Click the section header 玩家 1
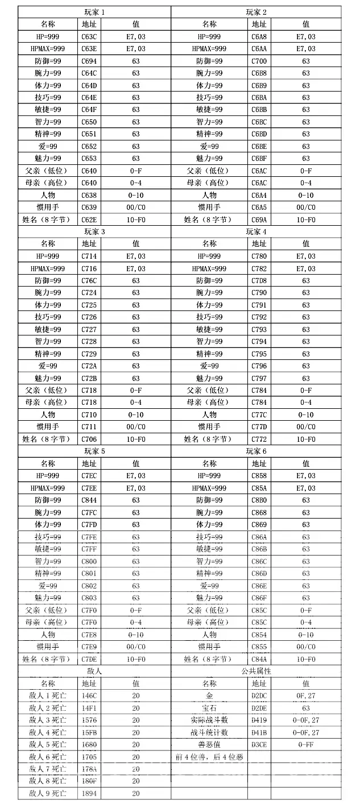click(x=95, y=12)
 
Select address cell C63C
click(x=89, y=36)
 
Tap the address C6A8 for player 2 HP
click(x=259, y=36)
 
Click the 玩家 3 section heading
click(x=95, y=231)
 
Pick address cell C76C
click(x=89, y=280)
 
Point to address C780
click(x=259, y=256)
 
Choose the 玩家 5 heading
click(x=95, y=451)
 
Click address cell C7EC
click(x=89, y=476)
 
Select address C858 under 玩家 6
click(x=259, y=476)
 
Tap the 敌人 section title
click(x=95, y=671)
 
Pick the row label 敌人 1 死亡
click(x=48, y=695)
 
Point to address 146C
click(x=89, y=695)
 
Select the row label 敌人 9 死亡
click(x=48, y=793)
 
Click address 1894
click(x=89, y=793)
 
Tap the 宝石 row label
click(x=209, y=708)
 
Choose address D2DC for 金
click(x=259, y=695)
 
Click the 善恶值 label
click(x=209, y=744)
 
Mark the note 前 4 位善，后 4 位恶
click(x=209, y=757)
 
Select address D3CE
click(x=259, y=744)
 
